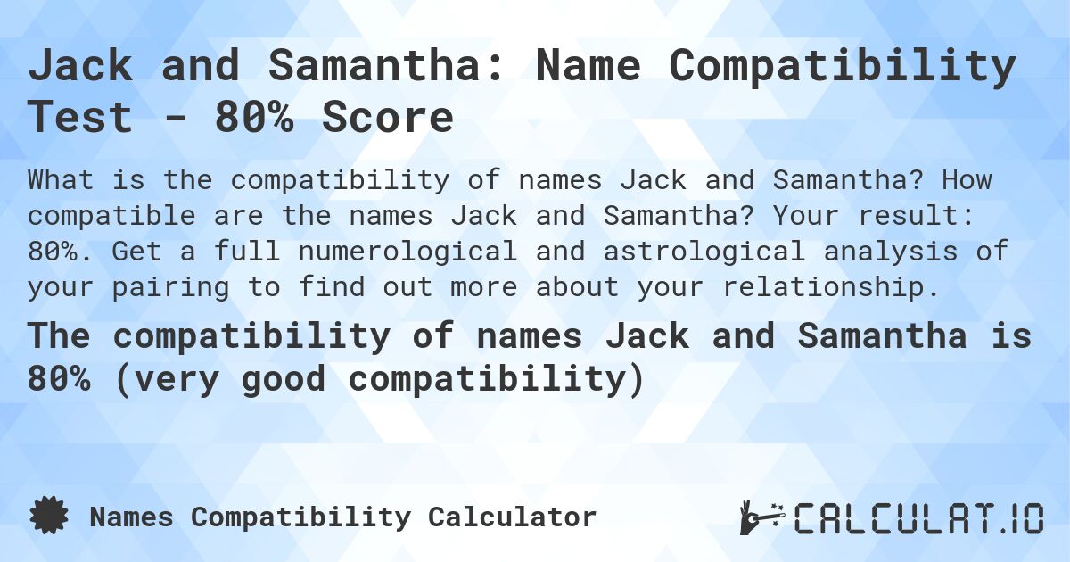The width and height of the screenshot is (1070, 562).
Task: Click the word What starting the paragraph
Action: click(x=61, y=180)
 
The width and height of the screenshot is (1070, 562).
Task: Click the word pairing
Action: click(x=197, y=287)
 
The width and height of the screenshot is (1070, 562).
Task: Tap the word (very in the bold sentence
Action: click(x=162, y=379)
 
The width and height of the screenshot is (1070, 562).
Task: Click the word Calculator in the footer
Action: click(x=512, y=517)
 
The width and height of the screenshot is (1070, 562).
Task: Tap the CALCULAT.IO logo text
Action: click(x=918, y=518)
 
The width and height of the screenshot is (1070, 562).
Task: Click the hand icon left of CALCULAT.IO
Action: click(x=761, y=517)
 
